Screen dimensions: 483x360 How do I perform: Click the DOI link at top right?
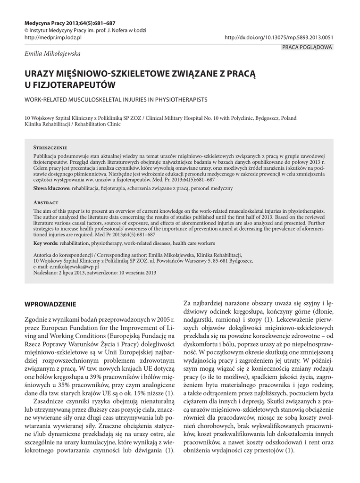click(279, 37)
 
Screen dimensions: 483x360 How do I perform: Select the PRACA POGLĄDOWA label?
click(307, 47)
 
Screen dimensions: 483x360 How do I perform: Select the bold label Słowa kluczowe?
click(51, 188)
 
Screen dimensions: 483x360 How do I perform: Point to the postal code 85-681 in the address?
click(219, 260)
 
